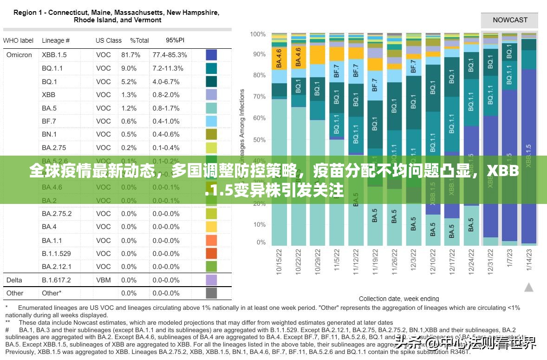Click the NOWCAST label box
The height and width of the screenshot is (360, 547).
510,20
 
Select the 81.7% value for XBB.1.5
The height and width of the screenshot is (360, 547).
130,55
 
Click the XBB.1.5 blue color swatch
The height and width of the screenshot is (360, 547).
211,55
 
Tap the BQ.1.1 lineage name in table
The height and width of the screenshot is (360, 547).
52,68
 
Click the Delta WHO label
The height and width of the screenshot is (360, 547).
14,280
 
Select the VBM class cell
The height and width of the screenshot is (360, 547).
104,280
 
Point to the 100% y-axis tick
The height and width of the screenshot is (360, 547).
258,34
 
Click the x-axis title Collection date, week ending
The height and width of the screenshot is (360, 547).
399,299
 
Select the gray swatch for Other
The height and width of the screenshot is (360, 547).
211,293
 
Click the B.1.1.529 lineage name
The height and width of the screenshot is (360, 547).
56,254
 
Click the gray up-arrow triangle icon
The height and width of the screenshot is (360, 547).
529,288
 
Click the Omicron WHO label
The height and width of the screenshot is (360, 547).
19,55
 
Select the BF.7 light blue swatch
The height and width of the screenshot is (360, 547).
211,121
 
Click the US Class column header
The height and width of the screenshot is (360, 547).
109,40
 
